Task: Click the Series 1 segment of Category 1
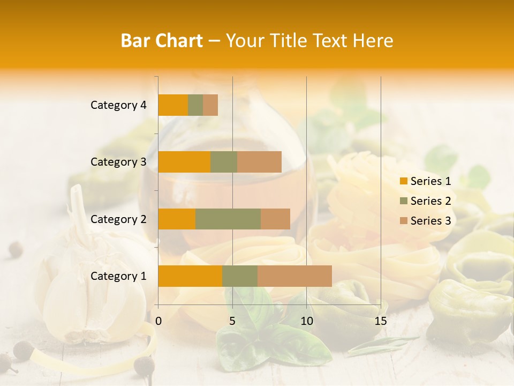[190, 276]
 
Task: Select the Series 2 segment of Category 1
[240, 276]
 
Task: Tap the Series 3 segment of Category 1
[294, 276]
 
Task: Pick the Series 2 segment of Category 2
[228, 219]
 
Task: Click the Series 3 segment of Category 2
[275, 219]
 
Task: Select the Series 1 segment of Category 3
[184, 162]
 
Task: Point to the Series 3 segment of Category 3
[259, 162]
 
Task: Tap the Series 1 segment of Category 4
[173, 105]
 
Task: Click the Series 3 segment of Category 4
[210, 105]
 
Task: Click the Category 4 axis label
[118, 105]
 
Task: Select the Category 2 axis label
[118, 219]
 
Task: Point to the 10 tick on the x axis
[306, 321]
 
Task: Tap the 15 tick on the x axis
[381, 321]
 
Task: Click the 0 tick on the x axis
[158, 321]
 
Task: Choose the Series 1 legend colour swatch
[403, 181]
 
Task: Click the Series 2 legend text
[430, 201]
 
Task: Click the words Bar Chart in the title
[162, 41]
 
